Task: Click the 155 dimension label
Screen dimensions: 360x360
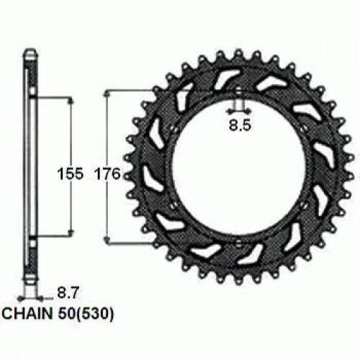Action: click(71, 174)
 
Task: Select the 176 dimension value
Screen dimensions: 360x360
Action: click(107, 174)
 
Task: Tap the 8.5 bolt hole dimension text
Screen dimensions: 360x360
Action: click(240, 125)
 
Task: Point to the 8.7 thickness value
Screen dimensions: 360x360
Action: click(68, 293)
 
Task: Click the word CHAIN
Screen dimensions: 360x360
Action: click(27, 313)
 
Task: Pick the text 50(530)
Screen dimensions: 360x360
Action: click(86, 314)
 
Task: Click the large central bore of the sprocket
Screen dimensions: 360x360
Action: click(239, 167)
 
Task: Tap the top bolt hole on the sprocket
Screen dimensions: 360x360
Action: click(238, 91)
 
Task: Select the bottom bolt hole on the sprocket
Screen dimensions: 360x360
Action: click(239, 243)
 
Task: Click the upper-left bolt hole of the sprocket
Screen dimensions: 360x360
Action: click(174, 130)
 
